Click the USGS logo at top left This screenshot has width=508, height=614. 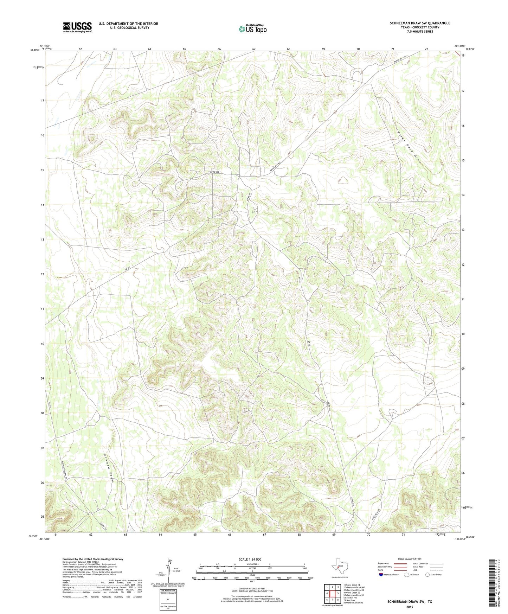(x=77, y=27)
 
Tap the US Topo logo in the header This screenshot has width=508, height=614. (x=252, y=29)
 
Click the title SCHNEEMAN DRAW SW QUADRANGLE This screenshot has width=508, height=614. (x=420, y=23)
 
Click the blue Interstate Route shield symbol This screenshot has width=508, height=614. (x=381, y=575)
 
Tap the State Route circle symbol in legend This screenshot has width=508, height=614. (x=427, y=575)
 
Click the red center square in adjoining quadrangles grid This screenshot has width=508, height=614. (x=332, y=594)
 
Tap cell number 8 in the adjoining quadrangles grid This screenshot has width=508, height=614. (x=337, y=600)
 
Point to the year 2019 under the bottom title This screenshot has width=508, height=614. (x=410, y=607)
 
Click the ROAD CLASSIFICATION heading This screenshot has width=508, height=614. (x=410, y=559)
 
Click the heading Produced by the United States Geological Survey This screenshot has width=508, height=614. (x=93, y=559)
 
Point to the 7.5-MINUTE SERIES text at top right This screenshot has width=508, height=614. (x=420, y=32)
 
